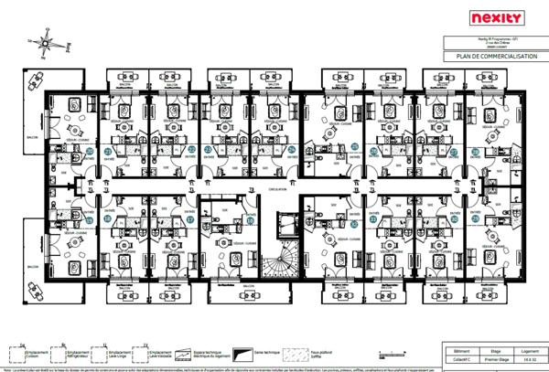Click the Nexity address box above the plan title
[x=494, y=43]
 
